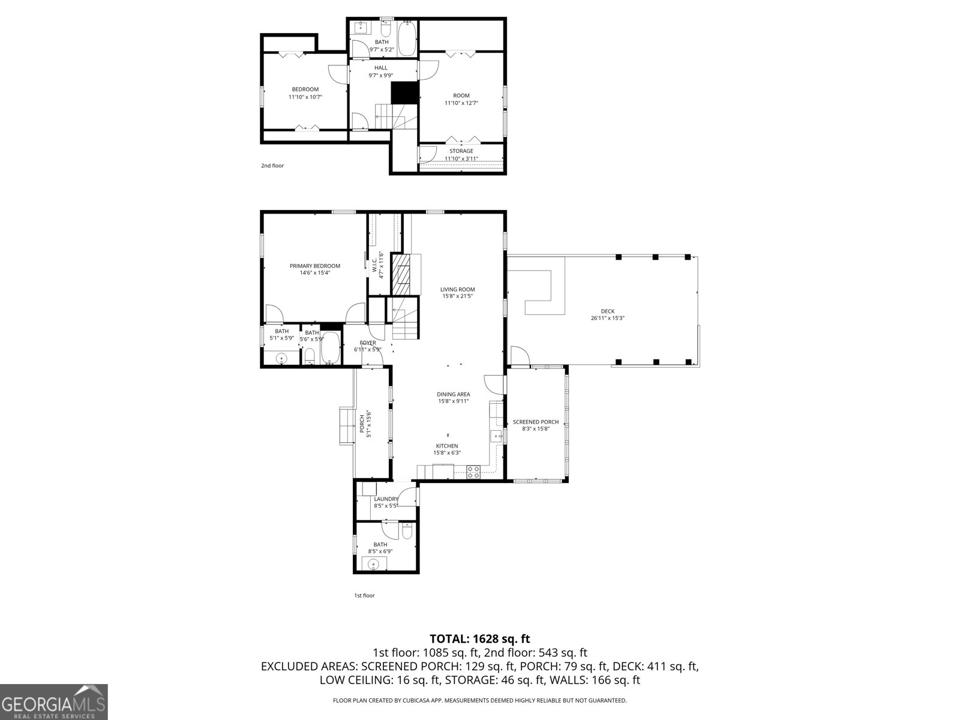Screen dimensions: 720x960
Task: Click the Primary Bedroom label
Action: click(x=315, y=266)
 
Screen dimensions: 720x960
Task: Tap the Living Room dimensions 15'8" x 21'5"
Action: click(x=458, y=296)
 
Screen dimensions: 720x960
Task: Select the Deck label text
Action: click(x=607, y=311)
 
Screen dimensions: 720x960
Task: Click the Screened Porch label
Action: click(x=535, y=422)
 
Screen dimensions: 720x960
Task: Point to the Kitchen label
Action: click(x=446, y=446)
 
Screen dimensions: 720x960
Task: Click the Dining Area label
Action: click(x=453, y=394)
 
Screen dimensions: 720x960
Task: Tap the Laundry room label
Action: click(x=386, y=499)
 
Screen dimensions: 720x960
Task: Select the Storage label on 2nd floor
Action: click(x=461, y=151)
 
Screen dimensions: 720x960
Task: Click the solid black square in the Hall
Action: click(x=404, y=92)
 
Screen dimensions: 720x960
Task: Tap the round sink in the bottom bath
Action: click(x=373, y=564)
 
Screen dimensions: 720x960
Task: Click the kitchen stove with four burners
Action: click(x=473, y=472)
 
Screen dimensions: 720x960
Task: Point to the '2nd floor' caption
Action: click(x=272, y=166)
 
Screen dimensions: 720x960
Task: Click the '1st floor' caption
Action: click(x=364, y=595)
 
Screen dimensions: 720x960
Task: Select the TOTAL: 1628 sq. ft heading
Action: click(x=479, y=639)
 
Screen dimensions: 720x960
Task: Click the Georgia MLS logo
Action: click(x=54, y=701)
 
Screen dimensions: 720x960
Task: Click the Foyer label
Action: click(x=367, y=343)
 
